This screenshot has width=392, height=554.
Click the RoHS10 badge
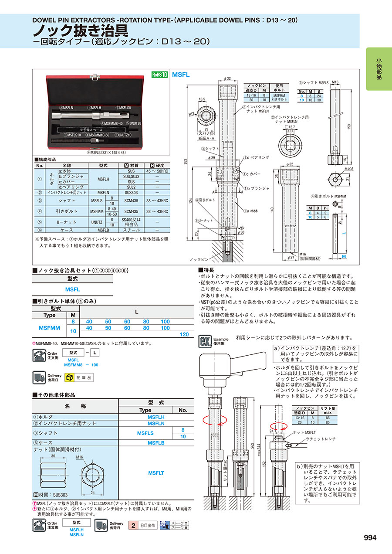pos(159,75)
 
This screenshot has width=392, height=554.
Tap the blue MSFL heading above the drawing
pos(181,75)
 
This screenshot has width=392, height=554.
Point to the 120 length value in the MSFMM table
pos(184,334)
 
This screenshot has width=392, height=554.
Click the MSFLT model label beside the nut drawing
pos(156,473)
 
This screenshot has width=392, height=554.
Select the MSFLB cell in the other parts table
pos(156,443)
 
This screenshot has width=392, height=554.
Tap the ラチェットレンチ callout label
pos(321,439)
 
